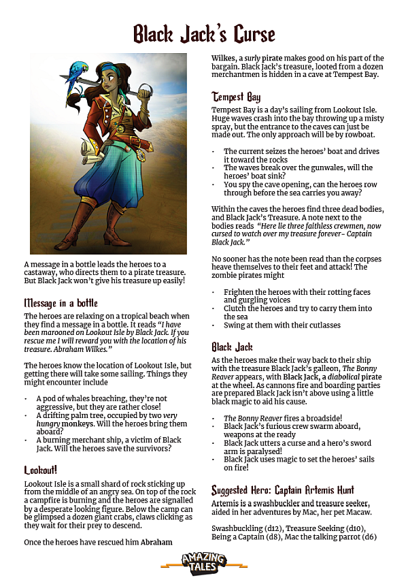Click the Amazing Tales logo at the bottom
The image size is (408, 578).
tap(203, 562)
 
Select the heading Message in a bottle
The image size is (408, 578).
tap(61, 302)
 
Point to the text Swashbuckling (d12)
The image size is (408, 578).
tap(247, 528)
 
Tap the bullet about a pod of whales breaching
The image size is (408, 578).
tap(102, 398)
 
